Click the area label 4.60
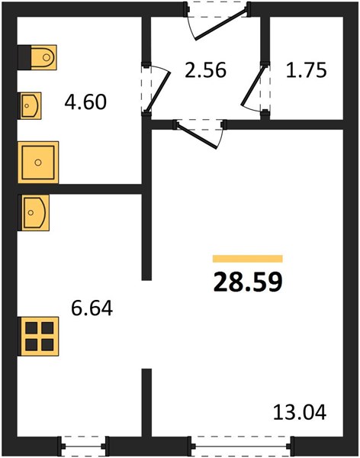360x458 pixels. click(x=85, y=102)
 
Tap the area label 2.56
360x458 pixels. click(x=205, y=70)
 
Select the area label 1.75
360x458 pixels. click(x=306, y=70)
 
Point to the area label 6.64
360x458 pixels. click(x=92, y=308)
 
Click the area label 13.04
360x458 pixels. click(x=300, y=412)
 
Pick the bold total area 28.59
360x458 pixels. click(x=248, y=282)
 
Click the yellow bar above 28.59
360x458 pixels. click(x=248, y=259)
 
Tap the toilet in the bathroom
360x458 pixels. click(x=37, y=57)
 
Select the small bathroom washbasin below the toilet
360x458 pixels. click(x=30, y=105)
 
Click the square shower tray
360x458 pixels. click(x=38, y=162)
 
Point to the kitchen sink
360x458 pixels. click(x=34, y=212)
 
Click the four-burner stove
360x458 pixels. click(x=38, y=336)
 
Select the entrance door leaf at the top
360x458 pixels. click(x=222, y=24)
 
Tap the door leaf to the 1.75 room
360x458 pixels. click(x=253, y=86)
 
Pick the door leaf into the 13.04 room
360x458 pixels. click(x=198, y=137)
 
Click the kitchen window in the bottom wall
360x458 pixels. click(x=83, y=446)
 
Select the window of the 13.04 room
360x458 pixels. click(x=241, y=446)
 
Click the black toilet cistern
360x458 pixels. click(x=24, y=57)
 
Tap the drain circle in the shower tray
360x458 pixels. click(x=38, y=162)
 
